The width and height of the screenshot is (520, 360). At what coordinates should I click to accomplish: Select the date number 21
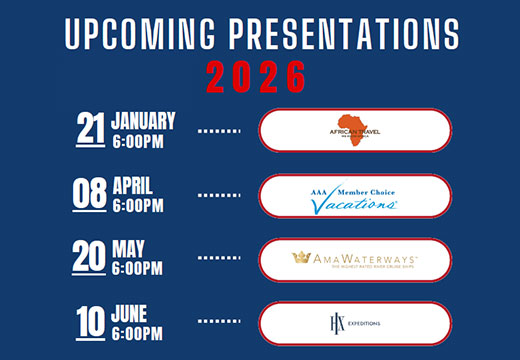pos(91,129)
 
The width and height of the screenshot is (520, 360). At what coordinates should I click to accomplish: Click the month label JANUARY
pos(144,121)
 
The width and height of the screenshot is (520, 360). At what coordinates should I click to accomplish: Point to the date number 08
pos(91,193)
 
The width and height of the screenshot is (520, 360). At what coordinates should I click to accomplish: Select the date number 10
pos(91,322)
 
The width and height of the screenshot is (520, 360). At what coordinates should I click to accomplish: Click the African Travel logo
pos(355,130)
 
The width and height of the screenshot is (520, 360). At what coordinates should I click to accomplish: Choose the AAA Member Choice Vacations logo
pos(355,194)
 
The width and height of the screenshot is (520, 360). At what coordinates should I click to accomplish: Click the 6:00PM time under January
pos(138,141)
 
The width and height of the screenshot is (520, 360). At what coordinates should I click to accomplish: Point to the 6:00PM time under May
pos(138,269)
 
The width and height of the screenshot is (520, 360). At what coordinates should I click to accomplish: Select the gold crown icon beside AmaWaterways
pos(300,257)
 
